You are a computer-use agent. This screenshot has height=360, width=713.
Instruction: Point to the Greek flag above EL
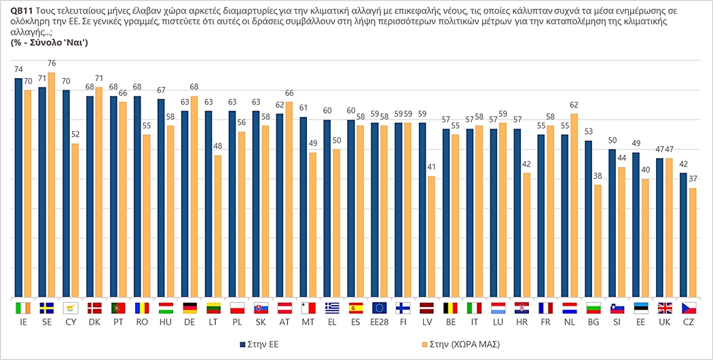pos(332,308)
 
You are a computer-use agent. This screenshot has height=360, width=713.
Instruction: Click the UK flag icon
pos(664,308)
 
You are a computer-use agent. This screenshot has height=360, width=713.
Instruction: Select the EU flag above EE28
pos(380,308)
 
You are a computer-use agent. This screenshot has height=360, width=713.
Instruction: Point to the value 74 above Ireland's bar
pos(18,70)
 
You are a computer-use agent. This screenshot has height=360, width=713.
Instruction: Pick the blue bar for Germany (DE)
pos(184,204)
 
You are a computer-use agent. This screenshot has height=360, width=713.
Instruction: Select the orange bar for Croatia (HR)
pos(526,235)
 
